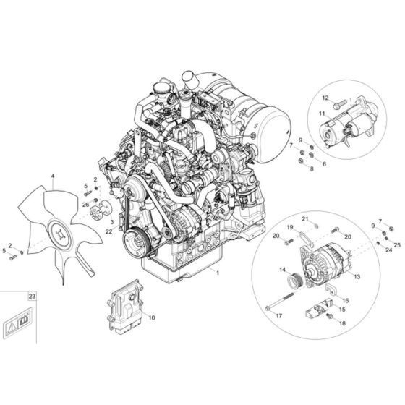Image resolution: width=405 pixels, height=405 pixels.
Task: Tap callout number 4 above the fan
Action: coord(52,176)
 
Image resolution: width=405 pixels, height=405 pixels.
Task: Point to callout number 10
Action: coord(151,317)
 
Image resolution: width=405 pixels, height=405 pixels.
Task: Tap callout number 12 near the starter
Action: coord(325,97)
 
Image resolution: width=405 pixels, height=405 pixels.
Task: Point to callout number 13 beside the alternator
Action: coord(357,276)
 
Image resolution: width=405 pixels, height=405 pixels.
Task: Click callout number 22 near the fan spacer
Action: coord(109,231)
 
